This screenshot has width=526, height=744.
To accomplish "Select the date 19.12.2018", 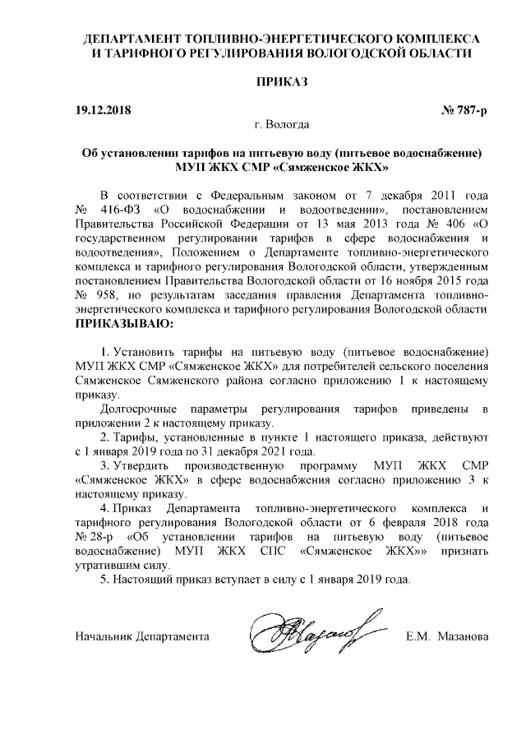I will pyautogui.click(x=104, y=110).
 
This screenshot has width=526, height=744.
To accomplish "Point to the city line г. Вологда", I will pyautogui.click(x=282, y=125).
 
